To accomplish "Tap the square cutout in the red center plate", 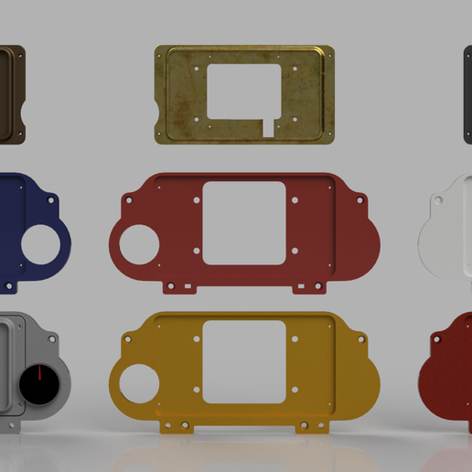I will point(243,223).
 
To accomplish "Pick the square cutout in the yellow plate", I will point(244,361).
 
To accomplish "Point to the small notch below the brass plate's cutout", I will point(268,127).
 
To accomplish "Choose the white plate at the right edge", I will point(450,229).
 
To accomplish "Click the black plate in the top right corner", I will point(467,91).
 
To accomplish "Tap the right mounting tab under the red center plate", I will point(308,286).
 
